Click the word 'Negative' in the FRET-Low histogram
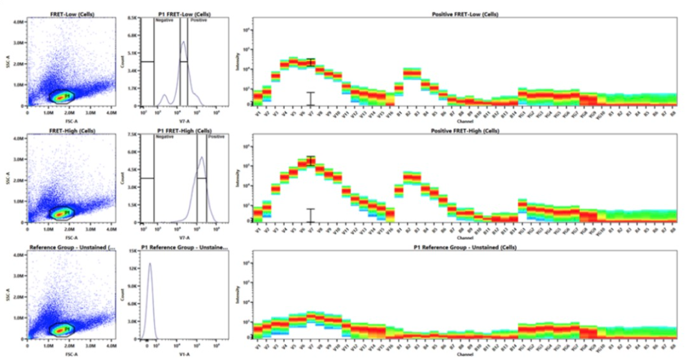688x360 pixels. click(x=164, y=20)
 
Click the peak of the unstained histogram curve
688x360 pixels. click(x=150, y=264)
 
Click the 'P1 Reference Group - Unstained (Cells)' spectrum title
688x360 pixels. click(x=465, y=247)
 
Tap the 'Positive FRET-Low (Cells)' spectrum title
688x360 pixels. click(x=465, y=14)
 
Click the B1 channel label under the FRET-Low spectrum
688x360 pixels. click(x=399, y=114)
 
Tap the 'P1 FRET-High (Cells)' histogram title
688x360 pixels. click(x=184, y=131)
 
